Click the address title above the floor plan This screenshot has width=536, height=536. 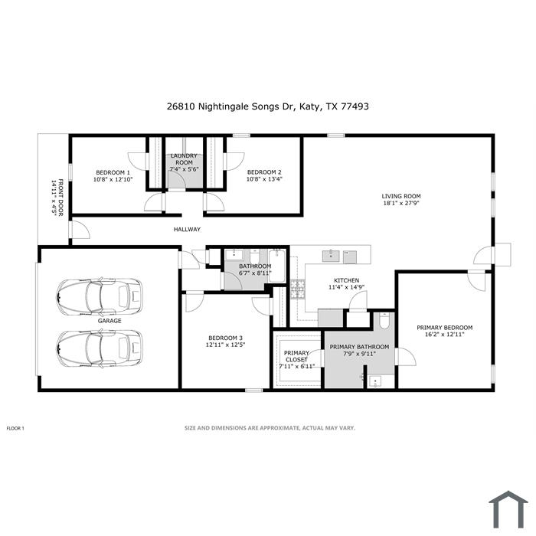(268, 106)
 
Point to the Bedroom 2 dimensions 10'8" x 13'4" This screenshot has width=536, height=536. (264, 179)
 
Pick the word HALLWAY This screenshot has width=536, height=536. (187, 230)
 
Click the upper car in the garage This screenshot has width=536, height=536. (100, 296)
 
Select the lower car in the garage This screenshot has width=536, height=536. (100, 348)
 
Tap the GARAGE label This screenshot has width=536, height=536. (109, 321)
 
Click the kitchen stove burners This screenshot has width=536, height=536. (297, 289)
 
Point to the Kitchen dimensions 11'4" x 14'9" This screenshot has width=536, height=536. (346, 287)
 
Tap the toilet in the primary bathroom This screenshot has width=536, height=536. (384, 321)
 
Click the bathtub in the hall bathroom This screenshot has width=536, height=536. (276, 266)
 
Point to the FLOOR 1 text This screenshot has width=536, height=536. (15, 428)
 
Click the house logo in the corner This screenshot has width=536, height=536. (508, 509)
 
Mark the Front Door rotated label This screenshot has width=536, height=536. (57, 198)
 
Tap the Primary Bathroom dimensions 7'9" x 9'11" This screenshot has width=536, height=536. (359, 354)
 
